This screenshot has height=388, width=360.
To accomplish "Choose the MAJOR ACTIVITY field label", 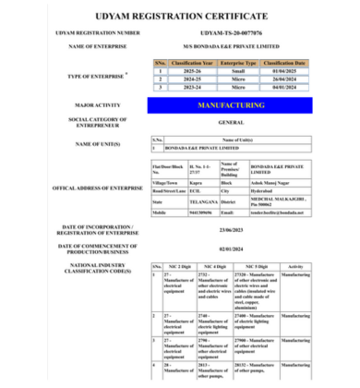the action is (x=88, y=106).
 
